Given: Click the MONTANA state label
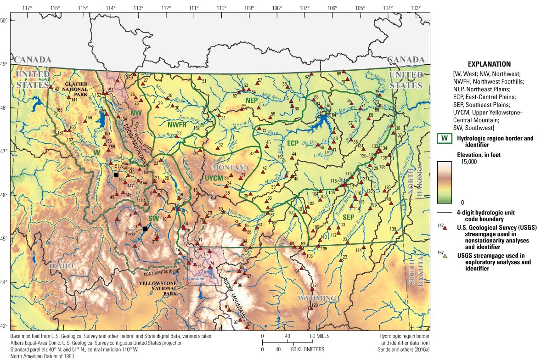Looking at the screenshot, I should coord(233,167).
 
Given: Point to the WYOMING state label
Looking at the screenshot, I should coord(317,298).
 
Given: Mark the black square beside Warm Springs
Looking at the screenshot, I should coord(116,175).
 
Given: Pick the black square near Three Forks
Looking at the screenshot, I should coord(145,229).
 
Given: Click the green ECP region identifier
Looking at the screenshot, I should coord(293,143).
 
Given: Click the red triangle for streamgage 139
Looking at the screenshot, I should coord(396,233).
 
